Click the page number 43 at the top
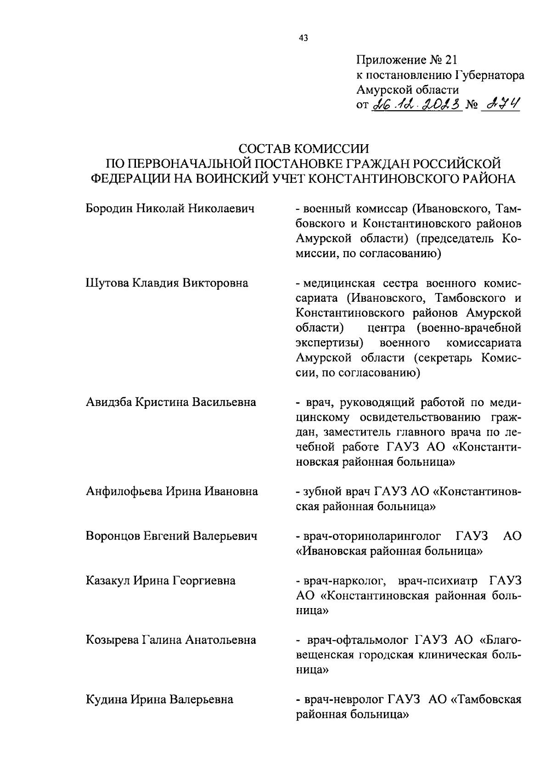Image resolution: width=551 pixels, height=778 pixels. [x=303, y=38]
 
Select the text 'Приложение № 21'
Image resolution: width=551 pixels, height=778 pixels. [x=407, y=60]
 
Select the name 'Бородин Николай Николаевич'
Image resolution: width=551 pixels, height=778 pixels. [x=170, y=209]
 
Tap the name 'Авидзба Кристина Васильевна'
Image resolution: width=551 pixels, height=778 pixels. [x=171, y=402]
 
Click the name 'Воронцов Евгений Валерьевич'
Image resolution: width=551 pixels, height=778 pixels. [x=171, y=536]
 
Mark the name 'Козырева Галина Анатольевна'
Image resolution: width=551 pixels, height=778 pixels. [x=171, y=640]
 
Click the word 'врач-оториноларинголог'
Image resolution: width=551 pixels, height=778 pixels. [x=372, y=536]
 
